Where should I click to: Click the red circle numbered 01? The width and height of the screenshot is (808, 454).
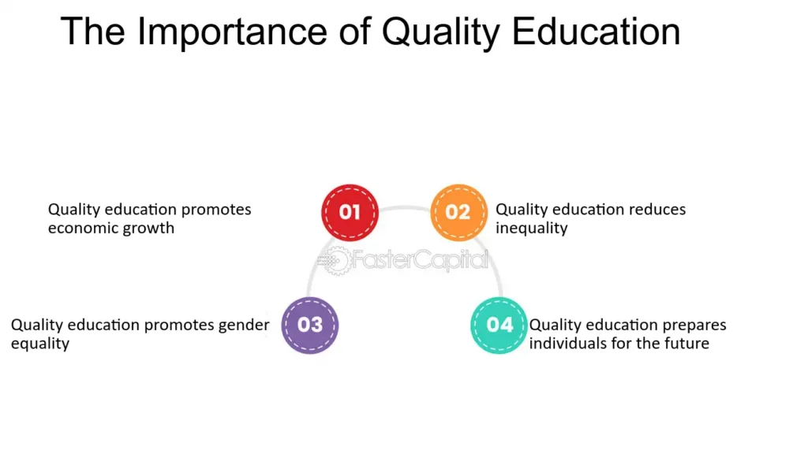pos(350,213)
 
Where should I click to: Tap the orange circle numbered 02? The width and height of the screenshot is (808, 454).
pos(458,213)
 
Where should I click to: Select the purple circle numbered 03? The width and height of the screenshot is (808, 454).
pos(309,326)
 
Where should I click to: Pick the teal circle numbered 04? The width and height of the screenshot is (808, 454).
pos(499,326)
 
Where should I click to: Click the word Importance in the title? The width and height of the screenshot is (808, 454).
pos(232,32)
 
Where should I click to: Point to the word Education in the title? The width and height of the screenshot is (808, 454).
pos(596,32)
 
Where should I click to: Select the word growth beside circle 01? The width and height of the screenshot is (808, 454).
pos(149,228)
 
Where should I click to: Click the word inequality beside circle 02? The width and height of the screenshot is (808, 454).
pos(531,228)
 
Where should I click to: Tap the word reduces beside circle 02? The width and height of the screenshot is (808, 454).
pos(653,210)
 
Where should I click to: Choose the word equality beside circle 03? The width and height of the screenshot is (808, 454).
pos(40,344)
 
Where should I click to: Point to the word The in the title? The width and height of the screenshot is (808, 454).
pos(93,32)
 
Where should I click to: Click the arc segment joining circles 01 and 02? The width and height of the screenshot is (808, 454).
pos(405,208)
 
